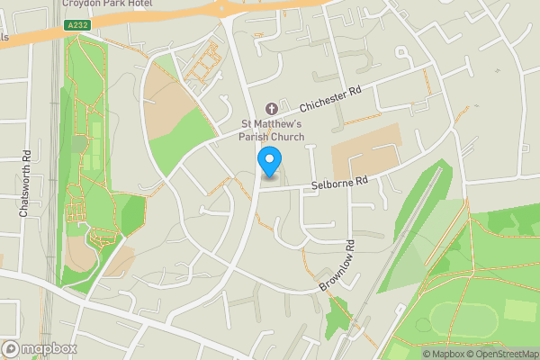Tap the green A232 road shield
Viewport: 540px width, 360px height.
click(x=78, y=26)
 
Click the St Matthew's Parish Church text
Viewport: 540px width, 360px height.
click(x=272, y=130)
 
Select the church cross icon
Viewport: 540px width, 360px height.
click(x=272, y=109)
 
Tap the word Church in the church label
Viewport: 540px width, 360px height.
click(x=283, y=137)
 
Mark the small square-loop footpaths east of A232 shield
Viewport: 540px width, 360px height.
click(x=203, y=58)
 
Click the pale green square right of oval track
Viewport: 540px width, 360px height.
click(x=520, y=310)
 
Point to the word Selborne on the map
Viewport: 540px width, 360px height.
click(x=329, y=185)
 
